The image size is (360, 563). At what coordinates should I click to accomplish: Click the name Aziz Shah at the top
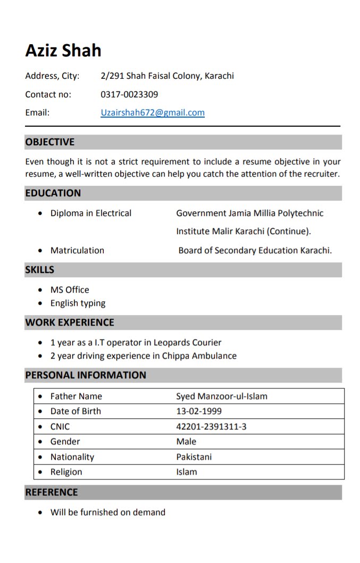click(63, 51)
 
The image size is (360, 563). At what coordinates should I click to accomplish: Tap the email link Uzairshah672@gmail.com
click(153, 112)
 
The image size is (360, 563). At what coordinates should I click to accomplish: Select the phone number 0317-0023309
click(129, 94)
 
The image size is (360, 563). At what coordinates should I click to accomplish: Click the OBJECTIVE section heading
click(50, 142)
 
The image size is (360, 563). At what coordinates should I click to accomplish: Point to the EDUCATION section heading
click(53, 193)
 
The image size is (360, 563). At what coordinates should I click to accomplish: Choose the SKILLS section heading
click(40, 270)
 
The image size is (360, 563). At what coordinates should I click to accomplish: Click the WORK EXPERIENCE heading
click(70, 322)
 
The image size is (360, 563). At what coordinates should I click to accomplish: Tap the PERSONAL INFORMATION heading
click(86, 375)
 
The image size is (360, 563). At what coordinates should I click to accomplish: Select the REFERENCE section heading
click(52, 492)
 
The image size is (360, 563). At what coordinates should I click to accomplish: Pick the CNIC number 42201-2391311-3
click(211, 427)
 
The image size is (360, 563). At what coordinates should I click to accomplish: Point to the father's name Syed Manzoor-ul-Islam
click(222, 396)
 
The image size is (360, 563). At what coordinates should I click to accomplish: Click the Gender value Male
click(186, 442)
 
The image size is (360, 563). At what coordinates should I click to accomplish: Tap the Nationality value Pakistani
click(194, 457)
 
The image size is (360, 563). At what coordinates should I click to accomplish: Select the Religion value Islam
click(187, 472)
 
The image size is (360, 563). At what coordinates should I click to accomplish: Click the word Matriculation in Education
click(77, 251)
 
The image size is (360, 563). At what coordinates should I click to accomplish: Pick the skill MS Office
click(70, 290)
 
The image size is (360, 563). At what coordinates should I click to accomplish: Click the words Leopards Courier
click(187, 343)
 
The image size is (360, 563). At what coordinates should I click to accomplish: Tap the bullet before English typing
click(41, 303)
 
